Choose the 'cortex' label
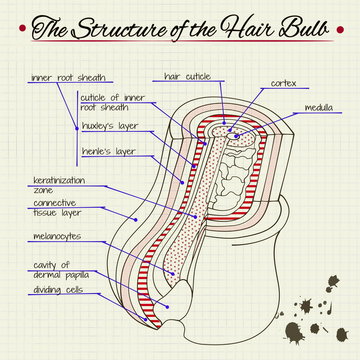[x=283, y=85]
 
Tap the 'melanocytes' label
[x=56, y=236]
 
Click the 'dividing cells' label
[x=57, y=291]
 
